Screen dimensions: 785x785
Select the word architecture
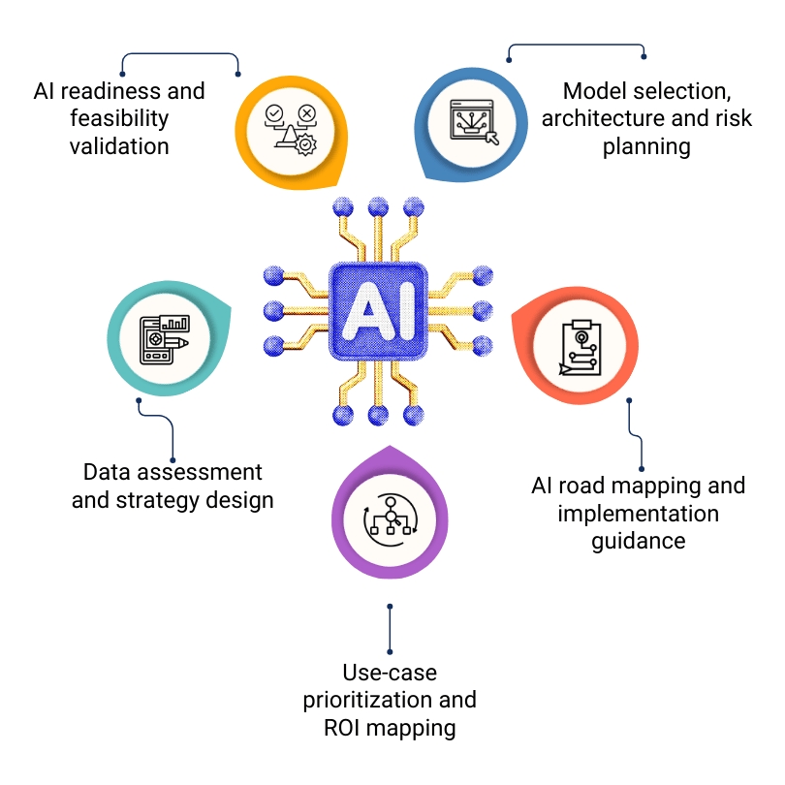coord(601,119)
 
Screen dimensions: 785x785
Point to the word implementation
coord(639,514)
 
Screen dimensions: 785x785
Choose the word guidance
coord(639,541)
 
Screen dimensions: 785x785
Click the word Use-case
coord(390,672)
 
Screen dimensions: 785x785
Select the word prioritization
coord(363,699)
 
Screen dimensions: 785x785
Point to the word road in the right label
coord(590,486)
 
